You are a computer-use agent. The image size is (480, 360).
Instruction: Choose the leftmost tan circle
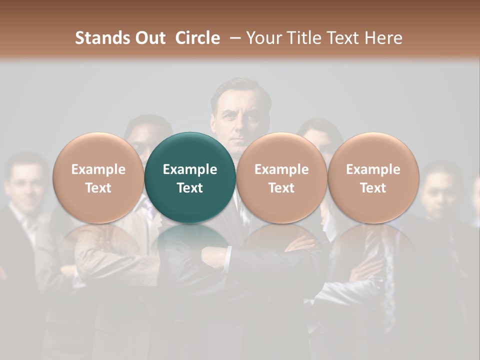98,178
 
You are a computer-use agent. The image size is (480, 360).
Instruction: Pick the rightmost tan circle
373,178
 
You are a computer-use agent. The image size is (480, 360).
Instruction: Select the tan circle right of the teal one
281,178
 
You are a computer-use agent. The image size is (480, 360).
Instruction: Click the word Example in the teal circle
189,169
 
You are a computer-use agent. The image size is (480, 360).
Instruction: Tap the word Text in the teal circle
189,188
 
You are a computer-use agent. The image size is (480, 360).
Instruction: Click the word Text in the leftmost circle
98,188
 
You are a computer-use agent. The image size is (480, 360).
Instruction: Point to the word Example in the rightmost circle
373,169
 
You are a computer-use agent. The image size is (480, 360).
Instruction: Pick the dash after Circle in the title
233,38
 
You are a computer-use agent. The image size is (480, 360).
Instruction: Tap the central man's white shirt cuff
228,256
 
